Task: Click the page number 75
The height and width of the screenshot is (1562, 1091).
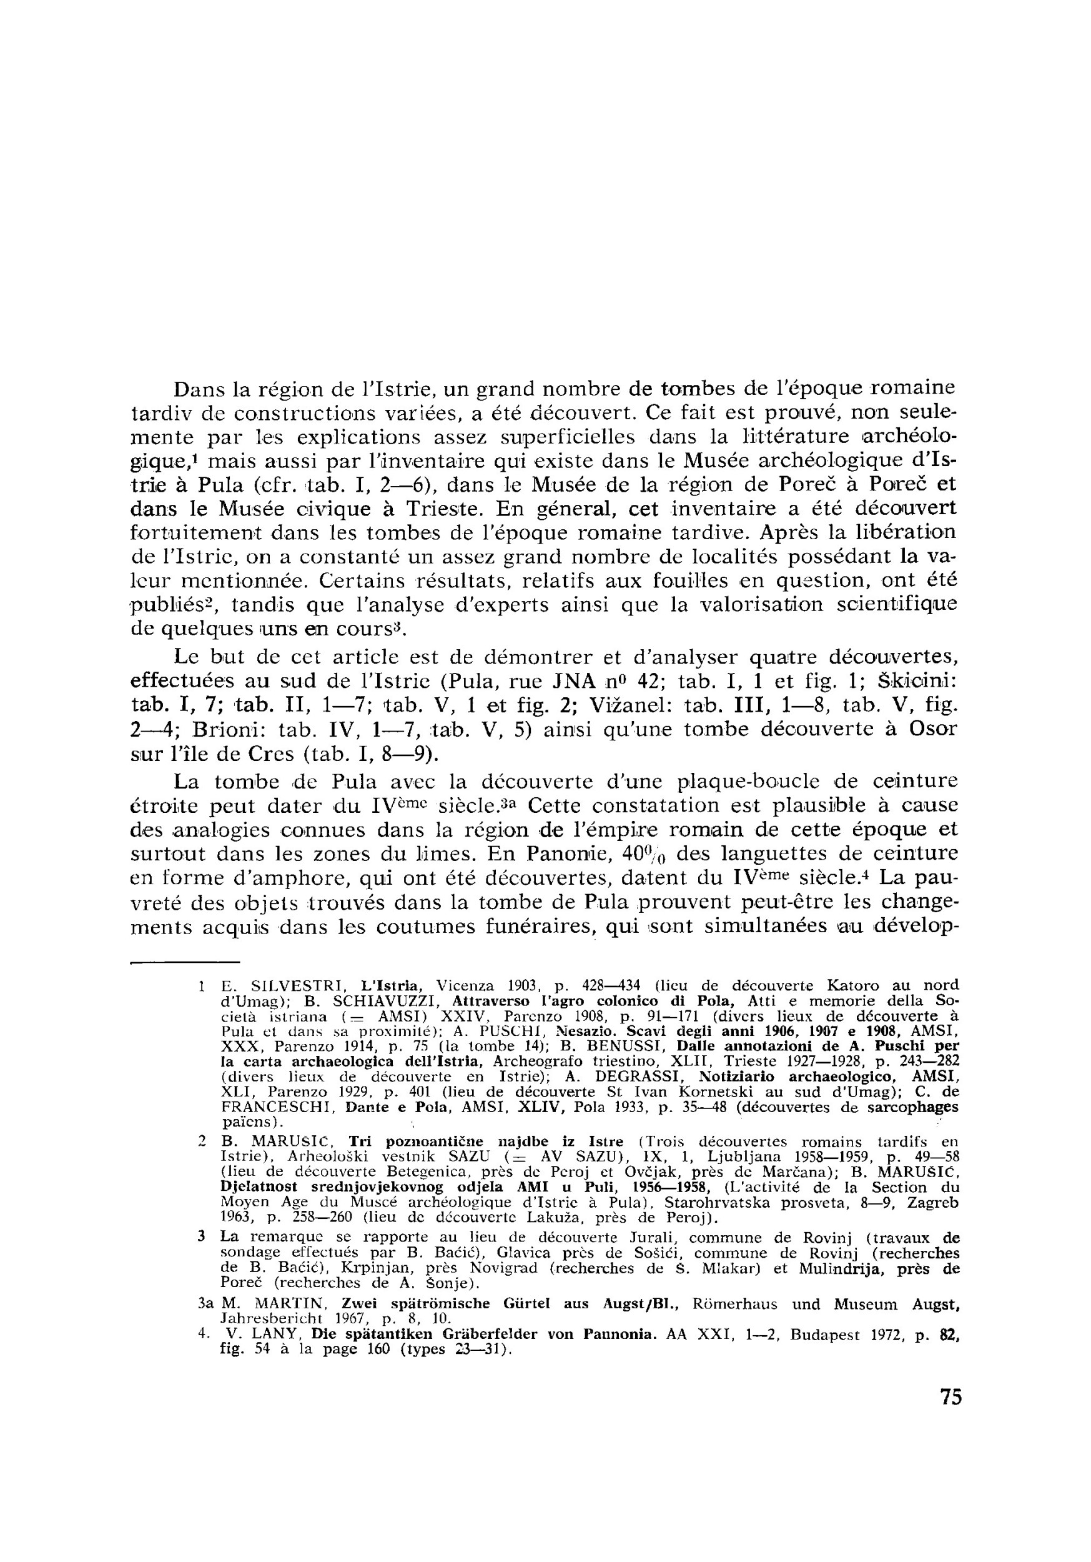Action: [x=951, y=1396]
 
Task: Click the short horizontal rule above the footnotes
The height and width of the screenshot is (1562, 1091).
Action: [x=185, y=962]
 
